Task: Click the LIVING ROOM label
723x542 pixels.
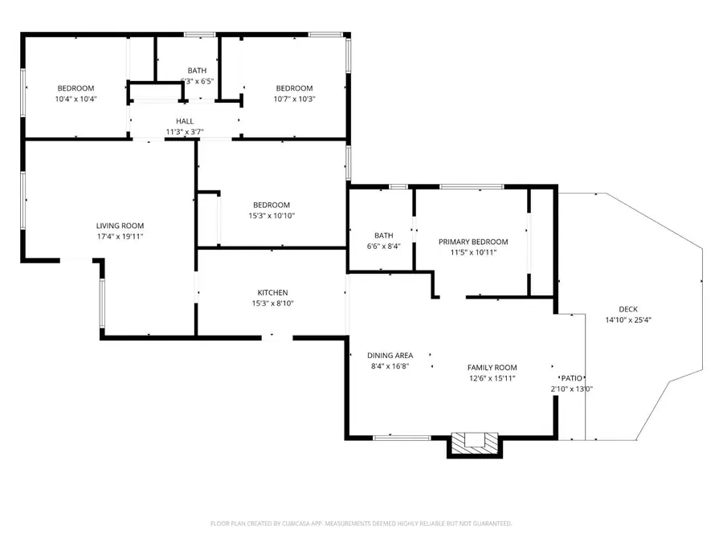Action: tap(120, 226)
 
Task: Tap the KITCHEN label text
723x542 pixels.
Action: tap(272, 292)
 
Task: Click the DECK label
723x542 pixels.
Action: tap(628, 309)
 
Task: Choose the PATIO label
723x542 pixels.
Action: tap(570, 377)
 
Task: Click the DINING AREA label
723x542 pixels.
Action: tap(390, 356)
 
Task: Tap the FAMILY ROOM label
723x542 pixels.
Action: tap(492, 368)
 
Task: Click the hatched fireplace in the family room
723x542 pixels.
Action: tap(474, 441)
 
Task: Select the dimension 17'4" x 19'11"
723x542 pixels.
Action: tap(120, 237)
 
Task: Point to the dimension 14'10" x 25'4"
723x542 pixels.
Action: tap(628, 320)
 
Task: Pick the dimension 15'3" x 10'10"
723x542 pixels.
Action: tap(272, 216)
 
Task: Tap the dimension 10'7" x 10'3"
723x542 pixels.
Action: tap(294, 99)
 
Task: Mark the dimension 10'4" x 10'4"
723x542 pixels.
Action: tap(76, 99)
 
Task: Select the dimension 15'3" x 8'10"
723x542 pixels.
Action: tap(272, 304)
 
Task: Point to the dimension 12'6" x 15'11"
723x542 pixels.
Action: tap(492, 378)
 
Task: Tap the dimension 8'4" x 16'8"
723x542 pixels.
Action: tap(390, 366)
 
